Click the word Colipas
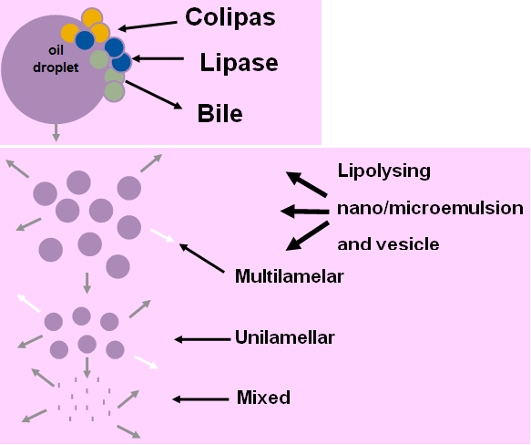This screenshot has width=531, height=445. pyautogui.click(x=230, y=17)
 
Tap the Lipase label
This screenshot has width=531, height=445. pyautogui.click(x=239, y=62)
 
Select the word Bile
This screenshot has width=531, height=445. pyautogui.click(x=220, y=113)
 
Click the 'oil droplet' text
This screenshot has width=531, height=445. pyautogui.click(x=56, y=59)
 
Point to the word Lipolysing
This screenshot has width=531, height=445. pyautogui.click(x=384, y=171)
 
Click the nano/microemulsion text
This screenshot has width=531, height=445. pyautogui.click(x=430, y=208)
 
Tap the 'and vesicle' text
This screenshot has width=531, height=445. pyautogui.click(x=388, y=244)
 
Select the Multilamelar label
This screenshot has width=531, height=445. pyautogui.click(x=290, y=276)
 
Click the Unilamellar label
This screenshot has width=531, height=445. pyautogui.click(x=285, y=337)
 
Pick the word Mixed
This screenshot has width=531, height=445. pyautogui.click(x=263, y=398)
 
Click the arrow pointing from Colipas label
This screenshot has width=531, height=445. pyautogui.click(x=148, y=26)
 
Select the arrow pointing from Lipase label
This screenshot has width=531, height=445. pyautogui.click(x=158, y=58)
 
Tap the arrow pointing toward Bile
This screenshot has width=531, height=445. pyautogui.click(x=154, y=95)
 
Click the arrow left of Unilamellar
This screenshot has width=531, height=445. pyautogui.click(x=202, y=339)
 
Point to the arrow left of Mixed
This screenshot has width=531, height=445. pyautogui.click(x=200, y=399)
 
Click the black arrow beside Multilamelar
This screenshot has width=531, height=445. pyautogui.click(x=201, y=258)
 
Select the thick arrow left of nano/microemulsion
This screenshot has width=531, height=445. pyautogui.click(x=305, y=212)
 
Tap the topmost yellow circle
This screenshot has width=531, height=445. pyautogui.click(x=92, y=18)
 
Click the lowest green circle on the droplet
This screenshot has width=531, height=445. pyautogui.click(x=115, y=91)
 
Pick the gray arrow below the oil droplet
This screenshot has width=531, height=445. pyautogui.click(x=56, y=132)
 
